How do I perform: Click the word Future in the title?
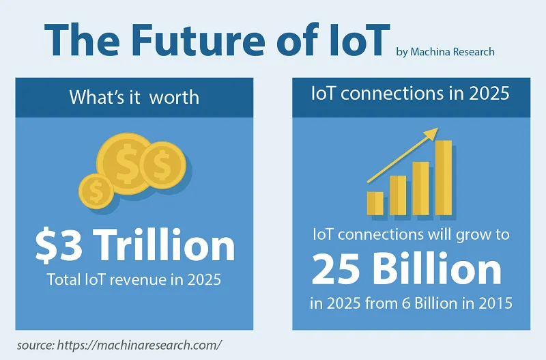(198, 40)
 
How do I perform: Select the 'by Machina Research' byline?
(446, 52)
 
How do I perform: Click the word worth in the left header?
(174, 97)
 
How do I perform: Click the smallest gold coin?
(96, 191)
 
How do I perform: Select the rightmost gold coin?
(162, 164)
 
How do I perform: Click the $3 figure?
(59, 245)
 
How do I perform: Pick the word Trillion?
(164, 245)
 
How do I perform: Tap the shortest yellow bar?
(375, 204)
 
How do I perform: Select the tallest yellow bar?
(444, 178)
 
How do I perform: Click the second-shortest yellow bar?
(398, 195)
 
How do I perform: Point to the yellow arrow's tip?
(438, 128)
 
